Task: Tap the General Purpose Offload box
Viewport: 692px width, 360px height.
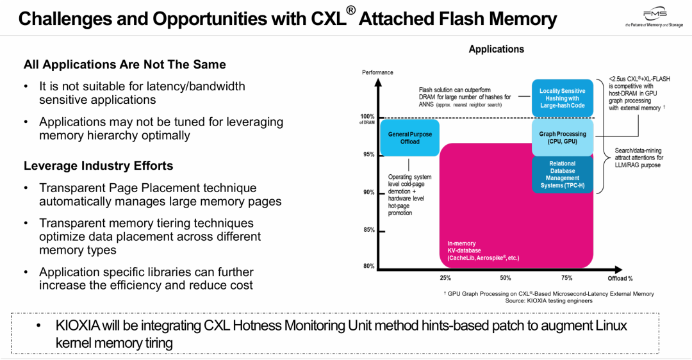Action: coord(410,138)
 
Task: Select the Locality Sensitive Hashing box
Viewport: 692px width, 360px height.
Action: coord(563,98)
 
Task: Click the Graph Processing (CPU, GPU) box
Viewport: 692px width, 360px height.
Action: coord(563,138)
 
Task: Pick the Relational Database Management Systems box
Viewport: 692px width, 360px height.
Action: coord(563,175)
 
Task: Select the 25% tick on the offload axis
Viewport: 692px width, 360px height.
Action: coord(445,278)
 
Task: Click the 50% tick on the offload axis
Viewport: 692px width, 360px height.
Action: coord(506,278)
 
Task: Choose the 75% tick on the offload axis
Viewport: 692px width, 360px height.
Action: coord(566,278)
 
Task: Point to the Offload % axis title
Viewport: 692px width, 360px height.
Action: coord(620,279)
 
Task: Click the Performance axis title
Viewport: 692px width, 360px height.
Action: coord(377,72)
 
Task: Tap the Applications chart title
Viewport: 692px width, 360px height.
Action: coord(496,49)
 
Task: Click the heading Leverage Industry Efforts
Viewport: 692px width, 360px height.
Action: coord(98,166)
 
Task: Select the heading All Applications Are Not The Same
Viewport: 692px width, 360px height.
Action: coord(124,65)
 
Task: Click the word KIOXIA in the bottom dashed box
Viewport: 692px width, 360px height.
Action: coord(78,325)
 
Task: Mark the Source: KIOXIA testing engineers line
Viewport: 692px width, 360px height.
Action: coord(548,300)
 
